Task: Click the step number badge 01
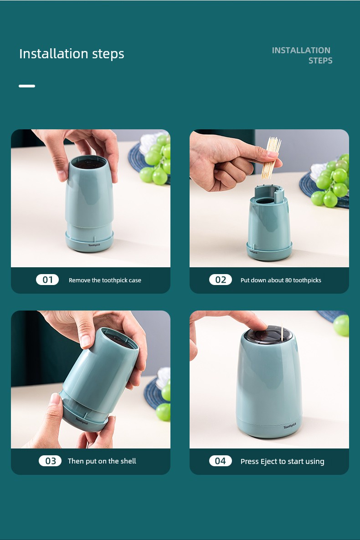coord(47,280)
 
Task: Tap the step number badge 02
coord(221,280)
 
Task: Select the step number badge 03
coord(50,461)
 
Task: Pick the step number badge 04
coord(221,461)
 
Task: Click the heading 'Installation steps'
coord(72,54)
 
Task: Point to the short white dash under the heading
coord(27,86)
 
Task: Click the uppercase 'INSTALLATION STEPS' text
coord(302,56)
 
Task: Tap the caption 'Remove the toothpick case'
coord(105,280)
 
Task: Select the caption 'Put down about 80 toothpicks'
coord(281,280)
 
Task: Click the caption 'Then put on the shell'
coord(102,461)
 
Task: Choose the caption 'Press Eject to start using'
coord(283,462)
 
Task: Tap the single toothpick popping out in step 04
coord(282,332)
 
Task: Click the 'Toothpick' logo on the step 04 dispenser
coord(290,426)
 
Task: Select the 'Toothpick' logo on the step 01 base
coord(94,245)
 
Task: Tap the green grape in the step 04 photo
coord(341,325)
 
